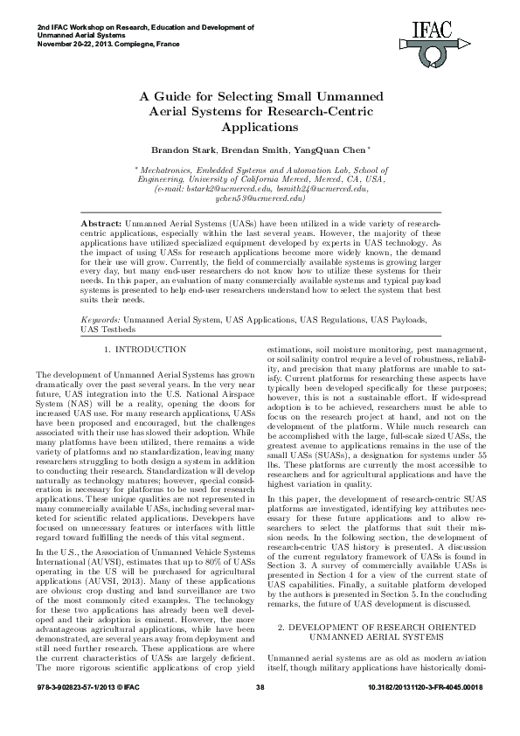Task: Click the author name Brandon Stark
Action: point(182,149)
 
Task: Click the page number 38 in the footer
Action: point(260,715)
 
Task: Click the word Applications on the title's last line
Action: point(260,128)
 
